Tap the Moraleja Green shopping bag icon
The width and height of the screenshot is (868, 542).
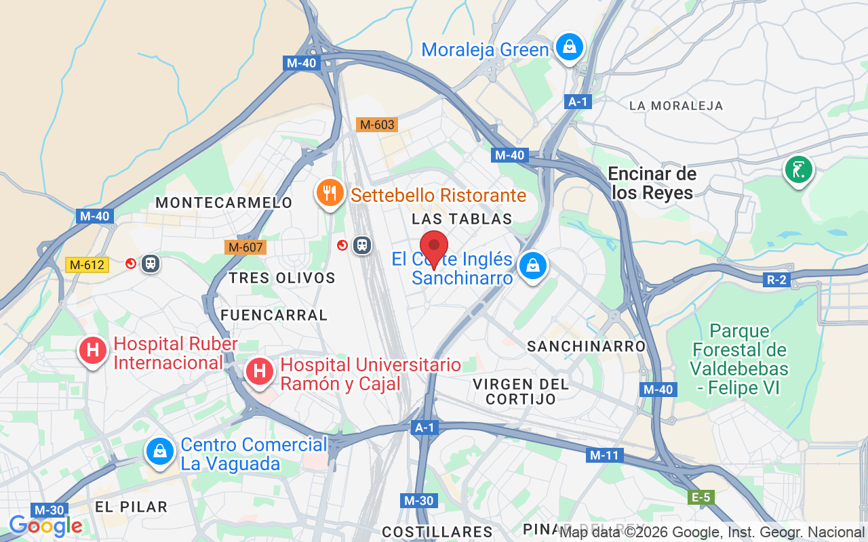(570, 47)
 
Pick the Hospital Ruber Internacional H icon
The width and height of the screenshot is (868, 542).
(93, 350)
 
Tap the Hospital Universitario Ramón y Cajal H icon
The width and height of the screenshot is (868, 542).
(259, 371)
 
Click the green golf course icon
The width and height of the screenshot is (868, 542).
(799, 169)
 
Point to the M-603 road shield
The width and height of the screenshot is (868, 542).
(376, 125)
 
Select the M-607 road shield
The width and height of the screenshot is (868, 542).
(245, 247)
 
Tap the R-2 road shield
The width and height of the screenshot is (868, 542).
(776, 280)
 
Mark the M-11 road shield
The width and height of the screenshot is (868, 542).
(604, 455)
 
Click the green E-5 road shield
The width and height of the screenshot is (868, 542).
(701, 498)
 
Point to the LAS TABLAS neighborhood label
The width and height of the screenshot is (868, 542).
(462, 219)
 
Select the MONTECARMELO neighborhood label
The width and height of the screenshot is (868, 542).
(224, 203)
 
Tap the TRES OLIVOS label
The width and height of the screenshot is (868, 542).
(282, 278)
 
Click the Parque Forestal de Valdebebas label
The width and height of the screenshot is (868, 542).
(740, 359)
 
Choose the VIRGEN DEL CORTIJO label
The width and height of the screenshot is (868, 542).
(521, 392)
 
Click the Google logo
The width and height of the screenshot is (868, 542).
(45, 526)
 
